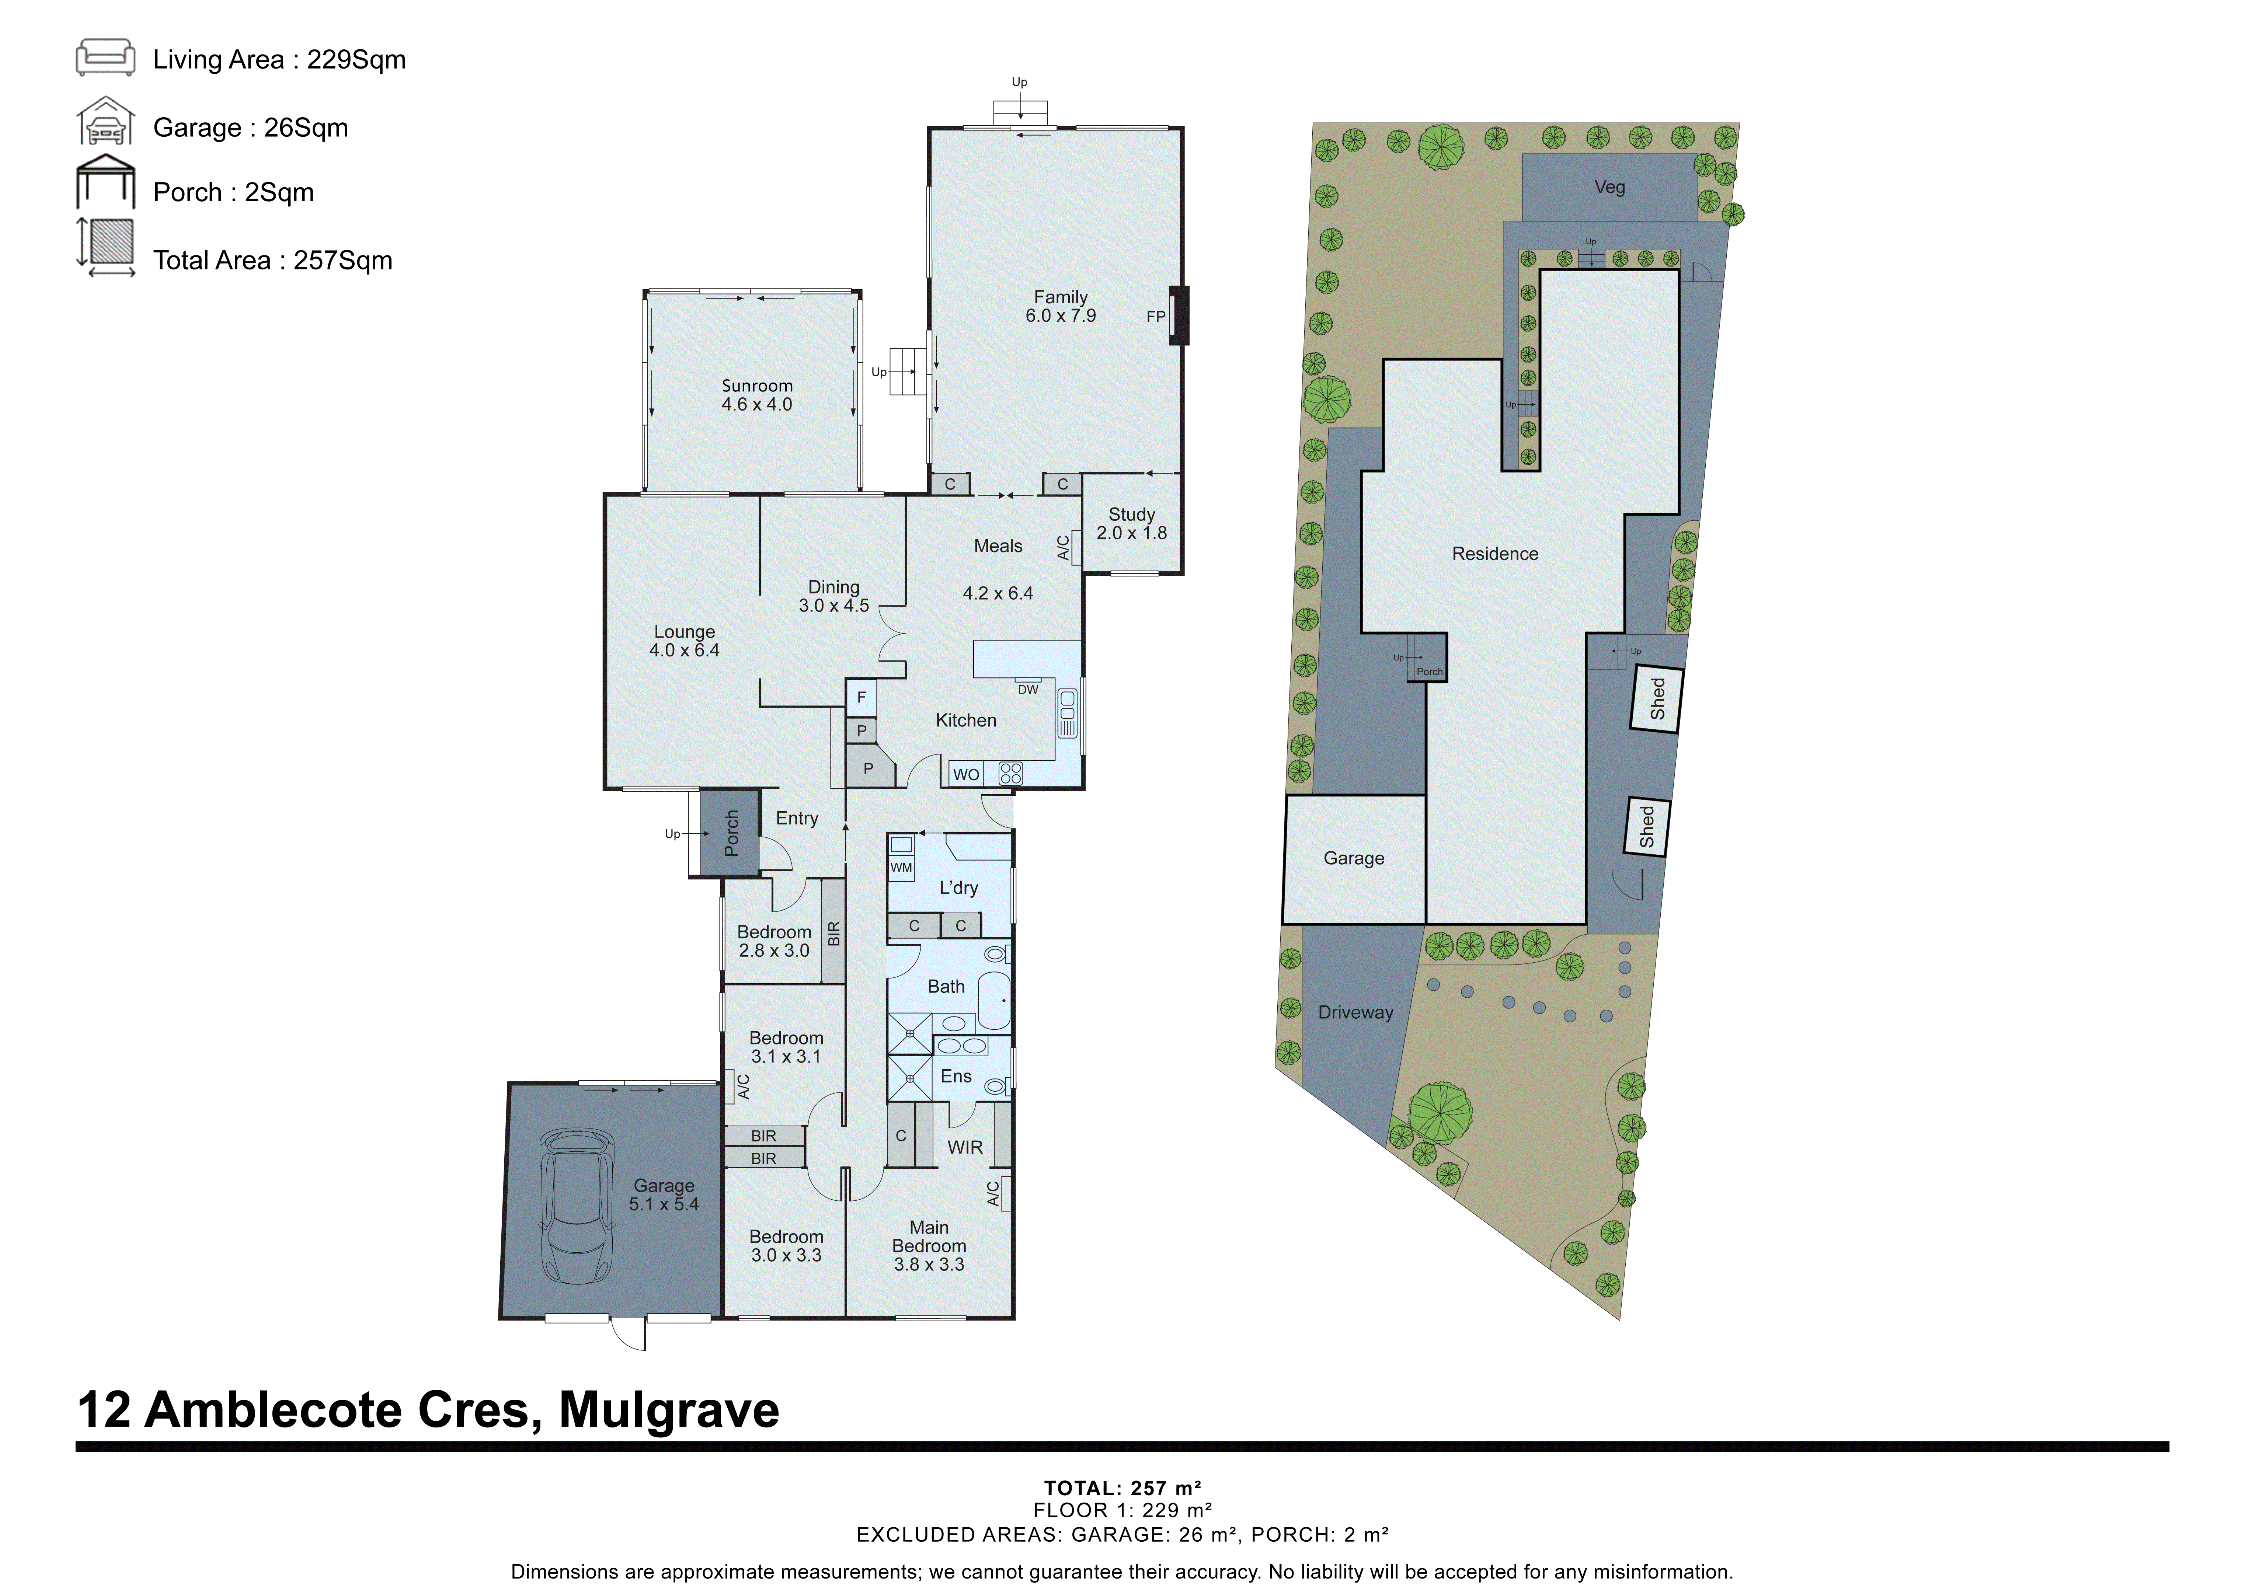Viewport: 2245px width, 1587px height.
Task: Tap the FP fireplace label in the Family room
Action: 1155,317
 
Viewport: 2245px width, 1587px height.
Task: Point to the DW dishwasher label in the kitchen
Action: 1028,689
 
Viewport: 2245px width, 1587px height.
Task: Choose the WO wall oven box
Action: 966,774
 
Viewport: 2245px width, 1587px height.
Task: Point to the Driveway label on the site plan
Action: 1355,1012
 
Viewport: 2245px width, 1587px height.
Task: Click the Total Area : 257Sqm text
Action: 273,260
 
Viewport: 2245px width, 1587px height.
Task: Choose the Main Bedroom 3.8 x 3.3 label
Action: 929,1246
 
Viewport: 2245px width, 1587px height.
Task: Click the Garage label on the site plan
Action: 1353,858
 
